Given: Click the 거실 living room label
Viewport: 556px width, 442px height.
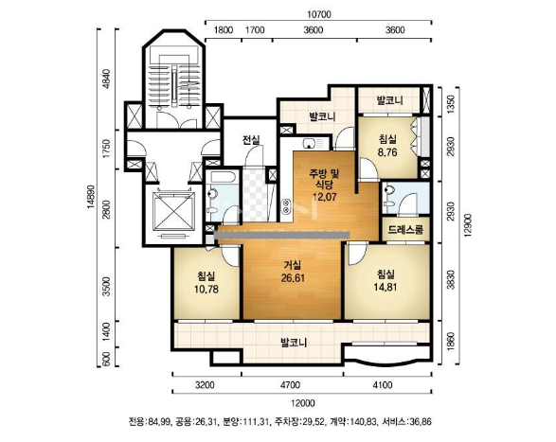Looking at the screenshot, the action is [x=293, y=265].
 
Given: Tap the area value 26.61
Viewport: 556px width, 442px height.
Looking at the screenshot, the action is [x=293, y=278].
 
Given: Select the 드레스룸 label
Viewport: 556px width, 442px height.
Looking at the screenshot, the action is [x=405, y=230].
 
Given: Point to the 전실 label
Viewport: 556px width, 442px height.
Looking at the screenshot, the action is [x=251, y=140].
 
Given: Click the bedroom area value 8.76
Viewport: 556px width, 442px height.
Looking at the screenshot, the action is [x=388, y=152].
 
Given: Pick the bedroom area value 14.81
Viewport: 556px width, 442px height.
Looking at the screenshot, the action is [x=386, y=287].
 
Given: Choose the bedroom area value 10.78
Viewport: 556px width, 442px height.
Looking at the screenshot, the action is [x=206, y=290].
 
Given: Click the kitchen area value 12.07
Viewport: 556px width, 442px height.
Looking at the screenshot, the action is [x=325, y=197].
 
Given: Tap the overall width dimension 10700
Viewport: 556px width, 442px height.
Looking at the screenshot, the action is [x=319, y=14].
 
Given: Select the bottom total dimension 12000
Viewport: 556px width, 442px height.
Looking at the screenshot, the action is [x=303, y=403].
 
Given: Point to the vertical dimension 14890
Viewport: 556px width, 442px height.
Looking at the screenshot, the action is [x=91, y=197].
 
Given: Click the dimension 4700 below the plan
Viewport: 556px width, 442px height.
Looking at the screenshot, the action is [x=290, y=384].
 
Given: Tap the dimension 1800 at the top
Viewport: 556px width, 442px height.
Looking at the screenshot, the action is [x=224, y=30].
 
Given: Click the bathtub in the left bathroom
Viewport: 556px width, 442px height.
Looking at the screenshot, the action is [x=222, y=177].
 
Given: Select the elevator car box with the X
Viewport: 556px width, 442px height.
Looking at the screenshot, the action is [x=173, y=211].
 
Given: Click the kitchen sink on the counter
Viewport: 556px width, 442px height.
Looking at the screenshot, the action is [x=310, y=143].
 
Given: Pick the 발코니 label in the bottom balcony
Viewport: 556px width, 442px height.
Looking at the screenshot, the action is [x=294, y=343].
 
